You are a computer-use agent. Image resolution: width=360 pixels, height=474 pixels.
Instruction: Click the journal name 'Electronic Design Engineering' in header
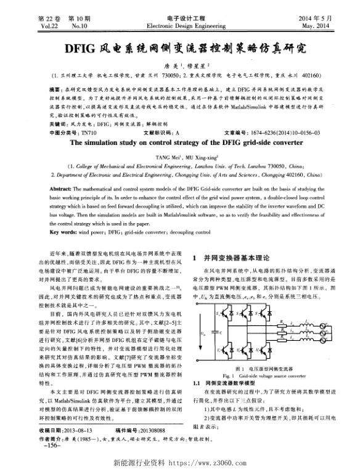click(181, 27)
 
